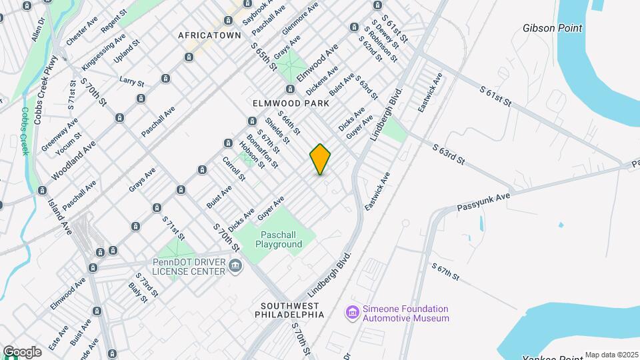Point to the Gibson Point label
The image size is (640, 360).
552,29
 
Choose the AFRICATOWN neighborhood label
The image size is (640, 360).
209,35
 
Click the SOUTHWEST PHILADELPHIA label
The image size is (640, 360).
289,309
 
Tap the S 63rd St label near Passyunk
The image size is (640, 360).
447,155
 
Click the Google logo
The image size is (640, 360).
22,351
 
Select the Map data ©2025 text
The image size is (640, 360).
611,355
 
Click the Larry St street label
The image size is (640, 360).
131,82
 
